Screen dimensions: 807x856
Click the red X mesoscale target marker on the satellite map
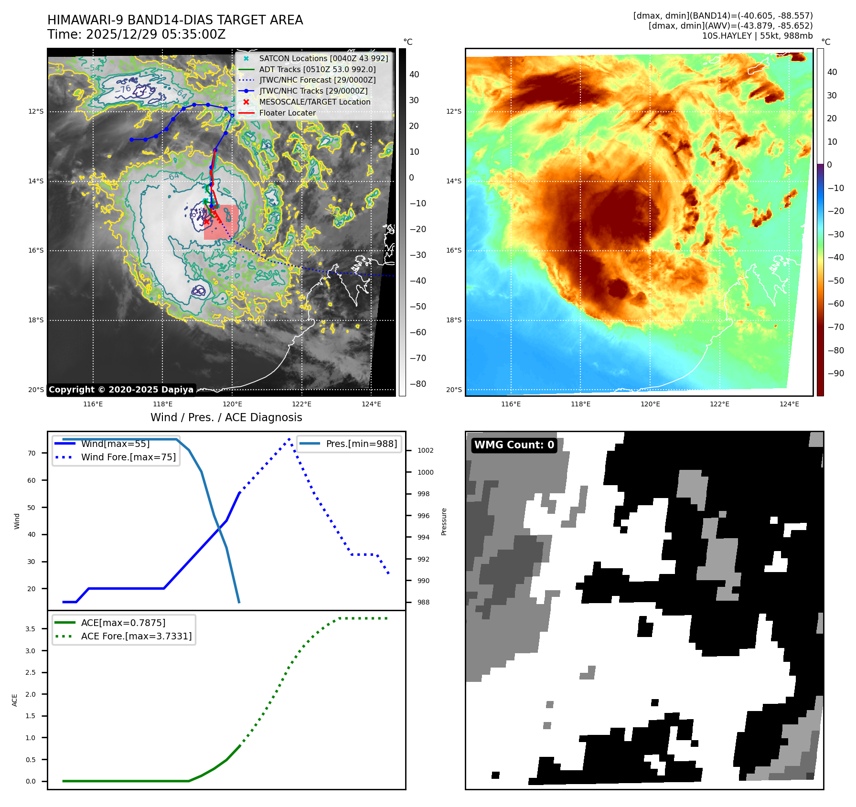click(x=206, y=221)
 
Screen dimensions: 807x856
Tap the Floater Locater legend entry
click(x=287, y=113)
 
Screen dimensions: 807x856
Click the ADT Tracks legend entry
click(x=317, y=69)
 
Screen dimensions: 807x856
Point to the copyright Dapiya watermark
click(x=121, y=390)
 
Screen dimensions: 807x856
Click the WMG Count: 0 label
click(x=514, y=445)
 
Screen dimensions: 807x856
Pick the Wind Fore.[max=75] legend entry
click(x=128, y=457)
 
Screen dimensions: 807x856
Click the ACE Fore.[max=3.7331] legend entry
click(x=136, y=636)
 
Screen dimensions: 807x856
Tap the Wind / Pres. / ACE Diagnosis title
click(x=226, y=417)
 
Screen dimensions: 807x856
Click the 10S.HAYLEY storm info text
click(x=757, y=36)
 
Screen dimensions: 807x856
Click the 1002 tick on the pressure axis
click(x=425, y=450)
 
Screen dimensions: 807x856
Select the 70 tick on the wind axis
click(x=32, y=453)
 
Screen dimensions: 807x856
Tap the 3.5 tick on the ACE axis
click(x=30, y=629)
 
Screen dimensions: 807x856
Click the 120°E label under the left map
click(x=232, y=404)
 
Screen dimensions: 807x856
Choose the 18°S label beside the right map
click(x=454, y=320)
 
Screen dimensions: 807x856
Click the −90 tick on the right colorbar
click(x=835, y=373)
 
